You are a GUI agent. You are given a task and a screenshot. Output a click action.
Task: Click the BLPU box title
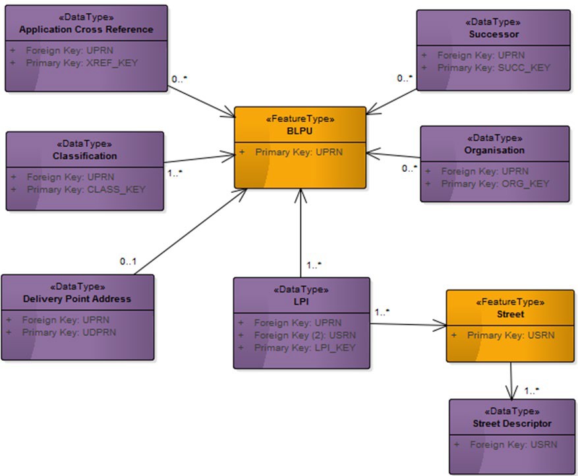tap(300, 130)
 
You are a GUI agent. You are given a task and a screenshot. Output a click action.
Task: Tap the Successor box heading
tap(494, 34)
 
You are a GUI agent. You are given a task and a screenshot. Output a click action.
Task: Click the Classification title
tap(85, 156)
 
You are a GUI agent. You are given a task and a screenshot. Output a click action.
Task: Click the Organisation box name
tap(494, 150)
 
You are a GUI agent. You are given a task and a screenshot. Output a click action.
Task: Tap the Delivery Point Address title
tap(77, 298)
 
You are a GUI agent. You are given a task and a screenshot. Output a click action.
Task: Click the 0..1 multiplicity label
tap(128, 261)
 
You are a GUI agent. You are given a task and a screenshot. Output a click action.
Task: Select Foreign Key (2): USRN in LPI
tap(304, 335)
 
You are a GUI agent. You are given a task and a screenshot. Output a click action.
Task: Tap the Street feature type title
tap(510, 314)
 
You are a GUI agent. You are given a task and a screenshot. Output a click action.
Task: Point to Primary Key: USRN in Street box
tap(510, 335)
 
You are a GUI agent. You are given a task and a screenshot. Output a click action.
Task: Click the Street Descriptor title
tap(512, 423)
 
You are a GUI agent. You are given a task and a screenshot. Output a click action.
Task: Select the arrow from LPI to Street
tap(409, 324)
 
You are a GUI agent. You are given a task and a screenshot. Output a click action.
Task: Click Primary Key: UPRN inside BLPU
tap(299, 152)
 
